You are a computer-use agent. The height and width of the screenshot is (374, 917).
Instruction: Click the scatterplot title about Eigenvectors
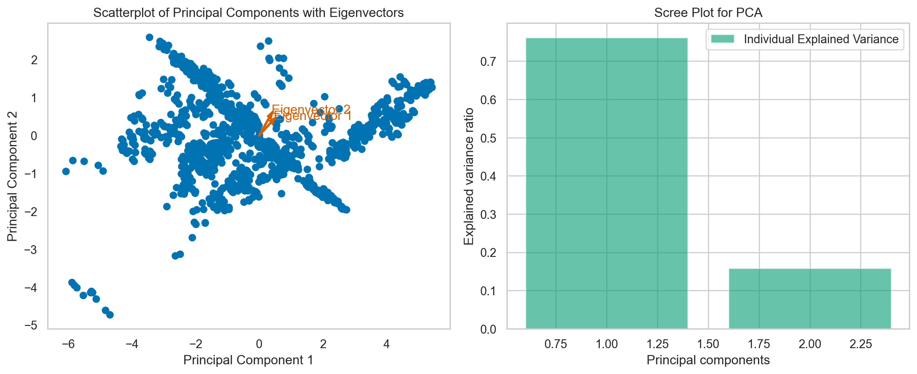(x=248, y=13)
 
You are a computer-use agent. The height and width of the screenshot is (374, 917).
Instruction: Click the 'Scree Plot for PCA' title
(x=708, y=13)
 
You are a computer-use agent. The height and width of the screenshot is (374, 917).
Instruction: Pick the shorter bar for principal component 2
(x=810, y=298)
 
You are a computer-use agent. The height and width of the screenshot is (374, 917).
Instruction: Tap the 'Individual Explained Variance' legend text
(x=821, y=39)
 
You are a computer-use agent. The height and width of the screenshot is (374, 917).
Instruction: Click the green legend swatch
(x=722, y=39)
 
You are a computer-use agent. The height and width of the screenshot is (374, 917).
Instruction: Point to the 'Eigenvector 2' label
(x=311, y=109)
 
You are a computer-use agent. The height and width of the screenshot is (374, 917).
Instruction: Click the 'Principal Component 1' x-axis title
(x=248, y=360)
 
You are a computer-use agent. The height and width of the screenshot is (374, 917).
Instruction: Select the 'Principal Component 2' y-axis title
(x=13, y=176)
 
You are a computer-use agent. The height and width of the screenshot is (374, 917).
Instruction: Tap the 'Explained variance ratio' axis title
(x=469, y=176)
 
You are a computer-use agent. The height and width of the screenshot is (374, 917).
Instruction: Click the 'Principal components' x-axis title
(x=708, y=360)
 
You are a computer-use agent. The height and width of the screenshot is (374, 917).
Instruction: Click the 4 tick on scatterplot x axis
(x=386, y=344)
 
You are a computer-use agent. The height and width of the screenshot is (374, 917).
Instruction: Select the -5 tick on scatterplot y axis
(x=31, y=326)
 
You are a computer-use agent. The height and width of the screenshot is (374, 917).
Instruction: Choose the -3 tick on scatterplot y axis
(x=31, y=250)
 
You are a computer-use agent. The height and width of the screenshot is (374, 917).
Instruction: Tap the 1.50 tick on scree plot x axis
(x=708, y=344)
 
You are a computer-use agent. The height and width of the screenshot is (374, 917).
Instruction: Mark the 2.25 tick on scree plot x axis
(x=860, y=344)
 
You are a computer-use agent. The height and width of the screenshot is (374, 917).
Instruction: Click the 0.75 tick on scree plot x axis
(x=556, y=344)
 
